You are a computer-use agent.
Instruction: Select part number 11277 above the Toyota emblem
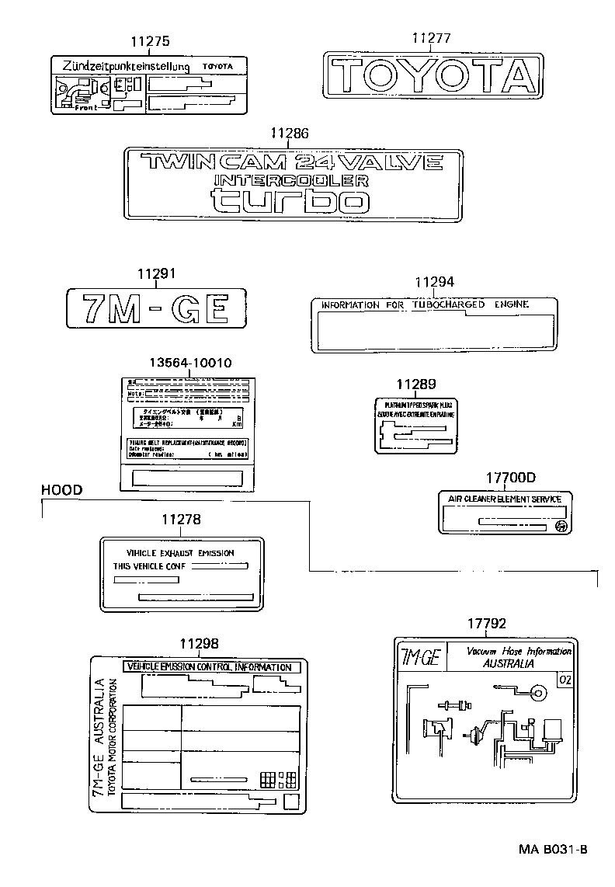point(430,38)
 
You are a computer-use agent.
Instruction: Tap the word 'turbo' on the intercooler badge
point(290,200)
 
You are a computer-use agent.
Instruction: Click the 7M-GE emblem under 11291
point(155,308)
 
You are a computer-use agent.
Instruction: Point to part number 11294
point(434,283)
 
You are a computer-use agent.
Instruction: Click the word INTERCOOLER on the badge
point(290,180)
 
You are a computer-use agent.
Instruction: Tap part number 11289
point(416,384)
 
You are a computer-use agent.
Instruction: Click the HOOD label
point(61,489)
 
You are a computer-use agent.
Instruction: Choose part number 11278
point(182,519)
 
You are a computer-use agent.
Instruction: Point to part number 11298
point(199,643)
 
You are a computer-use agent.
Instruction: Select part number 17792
point(487,623)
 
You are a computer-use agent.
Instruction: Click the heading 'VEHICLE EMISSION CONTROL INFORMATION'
point(208,667)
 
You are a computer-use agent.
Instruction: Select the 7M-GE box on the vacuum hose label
point(420,659)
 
